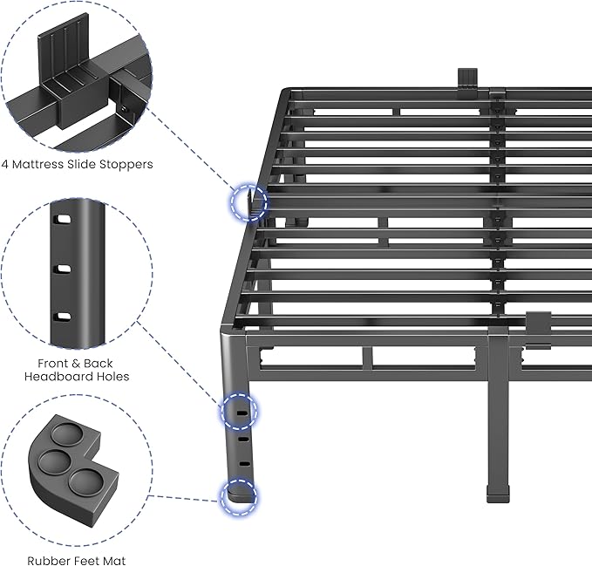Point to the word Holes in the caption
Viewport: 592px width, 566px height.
[112, 377]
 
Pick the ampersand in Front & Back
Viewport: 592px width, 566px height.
[74, 363]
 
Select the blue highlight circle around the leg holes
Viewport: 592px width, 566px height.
[238, 409]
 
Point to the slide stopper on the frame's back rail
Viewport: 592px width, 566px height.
[468, 77]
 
